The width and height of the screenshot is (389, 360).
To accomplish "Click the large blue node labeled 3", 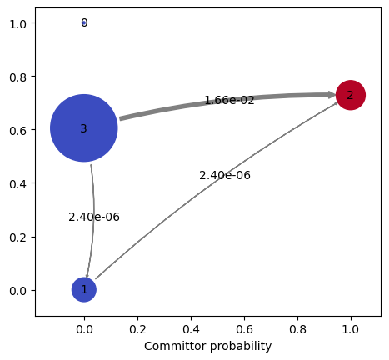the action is pyautogui.click(x=84, y=128).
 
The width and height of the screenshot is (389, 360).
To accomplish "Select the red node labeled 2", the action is pyautogui.click(x=351, y=95).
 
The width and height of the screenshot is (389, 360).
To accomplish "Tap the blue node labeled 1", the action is pyautogui.click(x=84, y=289).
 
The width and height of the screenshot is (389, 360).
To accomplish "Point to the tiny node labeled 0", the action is pyautogui.click(x=84, y=22).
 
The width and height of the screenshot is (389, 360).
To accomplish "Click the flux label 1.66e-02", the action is pyautogui.click(x=229, y=100).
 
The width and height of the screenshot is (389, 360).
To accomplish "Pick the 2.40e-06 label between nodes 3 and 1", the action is pyautogui.click(x=94, y=217).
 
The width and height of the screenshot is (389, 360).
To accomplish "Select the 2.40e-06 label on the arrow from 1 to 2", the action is pyautogui.click(x=225, y=175).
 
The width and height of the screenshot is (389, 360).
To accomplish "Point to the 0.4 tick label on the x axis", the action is pyautogui.click(x=191, y=329).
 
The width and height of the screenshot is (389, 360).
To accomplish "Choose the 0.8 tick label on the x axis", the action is pyautogui.click(x=297, y=329).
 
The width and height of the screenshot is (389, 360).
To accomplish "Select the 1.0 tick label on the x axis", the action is pyautogui.click(x=351, y=329).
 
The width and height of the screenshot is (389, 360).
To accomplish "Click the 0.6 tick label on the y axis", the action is pyautogui.click(x=18, y=130).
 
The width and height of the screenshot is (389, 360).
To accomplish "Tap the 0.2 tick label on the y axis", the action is pyautogui.click(x=18, y=237).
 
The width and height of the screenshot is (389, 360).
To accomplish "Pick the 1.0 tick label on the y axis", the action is pyautogui.click(x=18, y=24).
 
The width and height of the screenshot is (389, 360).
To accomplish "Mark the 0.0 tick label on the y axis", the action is pyautogui.click(x=18, y=291).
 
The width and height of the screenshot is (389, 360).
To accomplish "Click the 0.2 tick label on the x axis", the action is pyautogui.click(x=137, y=329).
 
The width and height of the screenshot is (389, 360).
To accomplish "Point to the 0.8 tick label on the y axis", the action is pyautogui.click(x=18, y=77).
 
